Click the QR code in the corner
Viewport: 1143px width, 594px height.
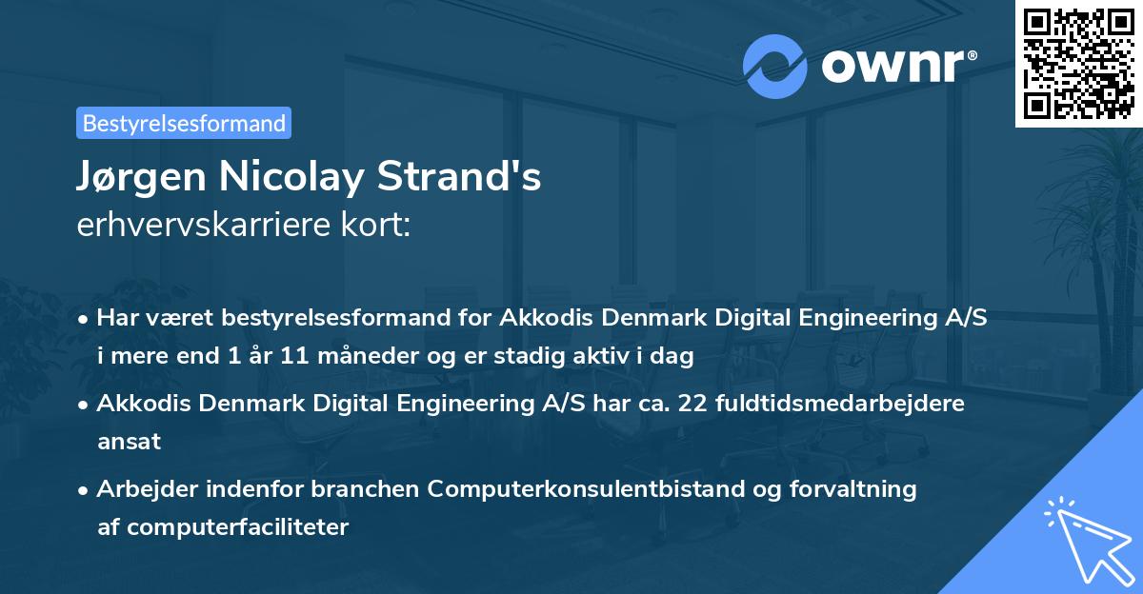[x=1079, y=63]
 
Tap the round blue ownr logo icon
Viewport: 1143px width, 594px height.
[x=775, y=67]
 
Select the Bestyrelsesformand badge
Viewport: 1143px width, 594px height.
[x=184, y=123]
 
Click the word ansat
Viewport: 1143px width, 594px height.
[x=129, y=442]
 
